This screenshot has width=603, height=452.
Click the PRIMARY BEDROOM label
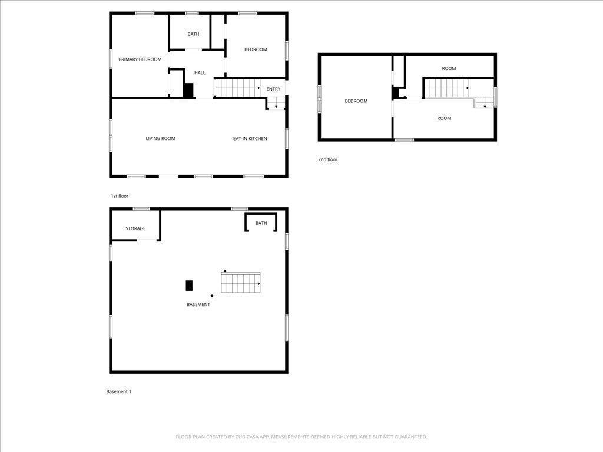[x=140, y=59]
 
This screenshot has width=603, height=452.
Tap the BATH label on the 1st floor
[x=193, y=34]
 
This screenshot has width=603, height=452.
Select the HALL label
[x=200, y=72]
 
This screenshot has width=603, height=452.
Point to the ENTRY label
[x=273, y=89]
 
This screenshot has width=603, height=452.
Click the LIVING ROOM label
[x=160, y=139]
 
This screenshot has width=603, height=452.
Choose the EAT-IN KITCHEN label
[x=250, y=139]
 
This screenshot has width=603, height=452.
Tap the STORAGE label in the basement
[x=135, y=228]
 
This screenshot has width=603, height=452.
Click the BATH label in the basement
[x=261, y=223]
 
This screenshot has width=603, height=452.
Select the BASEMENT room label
[x=198, y=304]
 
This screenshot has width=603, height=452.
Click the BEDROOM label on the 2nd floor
[x=356, y=101]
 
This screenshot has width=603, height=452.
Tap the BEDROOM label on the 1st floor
[x=256, y=49]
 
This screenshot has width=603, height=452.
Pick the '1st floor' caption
[x=120, y=196]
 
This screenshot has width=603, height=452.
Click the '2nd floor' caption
[x=327, y=159]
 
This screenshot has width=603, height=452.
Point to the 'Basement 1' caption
[x=118, y=391]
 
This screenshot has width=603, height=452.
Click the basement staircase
[x=241, y=283]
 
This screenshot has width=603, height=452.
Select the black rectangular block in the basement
[x=189, y=285]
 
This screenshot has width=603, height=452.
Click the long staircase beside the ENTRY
[x=237, y=88]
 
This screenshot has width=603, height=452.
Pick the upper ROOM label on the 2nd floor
[x=449, y=68]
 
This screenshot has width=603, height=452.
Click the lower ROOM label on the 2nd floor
[x=444, y=118]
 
